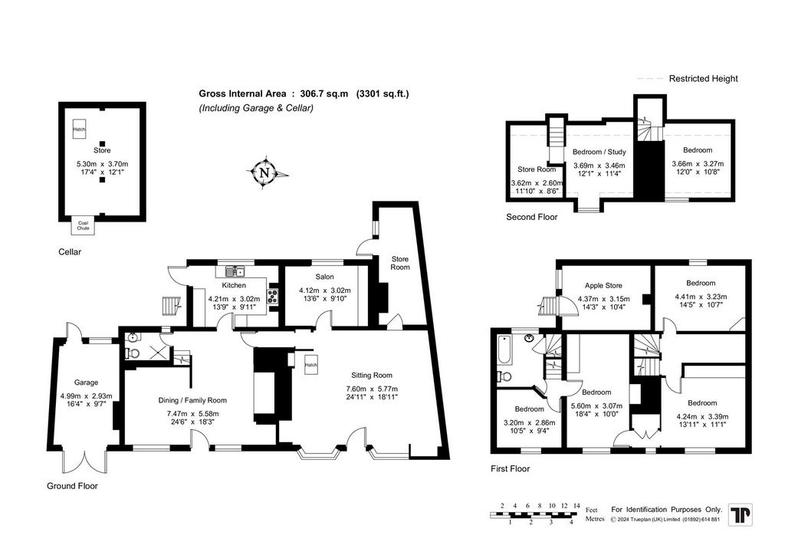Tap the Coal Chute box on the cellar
coord(83,225)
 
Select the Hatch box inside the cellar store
coord(79,129)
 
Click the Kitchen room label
coord(234,285)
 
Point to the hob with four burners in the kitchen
coord(273,296)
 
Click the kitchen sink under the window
coord(235,271)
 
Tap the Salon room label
coord(324,277)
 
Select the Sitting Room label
coord(372,376)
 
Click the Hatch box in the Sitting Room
coord(311,364)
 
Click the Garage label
coord(86,383)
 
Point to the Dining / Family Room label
coord(192,400)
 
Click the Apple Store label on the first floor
coord(603,285)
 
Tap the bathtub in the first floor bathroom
coord(504,350)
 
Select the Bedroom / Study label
coord(599,152)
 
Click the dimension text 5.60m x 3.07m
coord(596,406)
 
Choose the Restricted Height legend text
coord(704,78)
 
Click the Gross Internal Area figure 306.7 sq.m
coord(324,94)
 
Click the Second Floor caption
coord(532,217)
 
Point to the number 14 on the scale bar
coord(576,506)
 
